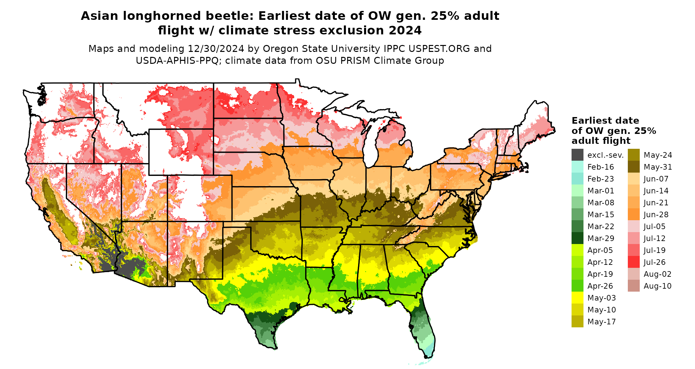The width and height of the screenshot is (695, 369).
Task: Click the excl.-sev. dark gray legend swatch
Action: tap(577, 155)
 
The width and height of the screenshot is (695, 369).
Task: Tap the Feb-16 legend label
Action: tap(600, 167)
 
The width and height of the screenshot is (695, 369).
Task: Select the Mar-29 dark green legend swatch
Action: tap(577, 238)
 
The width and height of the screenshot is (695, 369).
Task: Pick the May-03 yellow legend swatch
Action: tap(577, 298)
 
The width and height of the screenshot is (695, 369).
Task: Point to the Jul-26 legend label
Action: tap(654, 262)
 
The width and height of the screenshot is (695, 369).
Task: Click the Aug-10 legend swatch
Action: tap(633, 286)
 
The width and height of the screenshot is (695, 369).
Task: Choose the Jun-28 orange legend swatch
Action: tap(633, 215)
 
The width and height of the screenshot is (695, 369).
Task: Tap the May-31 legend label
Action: tap(658, 167)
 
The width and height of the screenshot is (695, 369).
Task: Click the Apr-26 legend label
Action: tap(600, 286)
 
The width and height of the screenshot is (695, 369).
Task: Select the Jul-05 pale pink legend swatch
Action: tap(633, 226)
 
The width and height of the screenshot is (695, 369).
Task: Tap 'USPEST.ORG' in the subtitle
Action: tap(439, 49)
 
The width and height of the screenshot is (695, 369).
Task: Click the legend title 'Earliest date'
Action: tap(605, 121)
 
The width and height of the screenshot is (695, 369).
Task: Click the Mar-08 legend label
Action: tap(601, 203)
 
